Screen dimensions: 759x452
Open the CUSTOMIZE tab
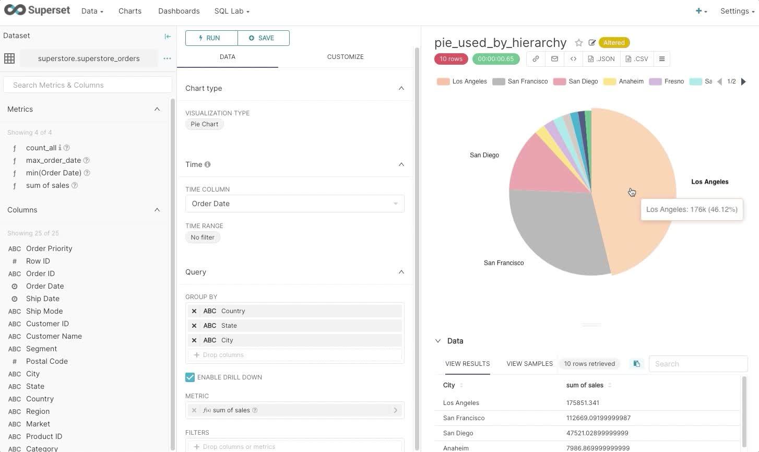pos(345,56)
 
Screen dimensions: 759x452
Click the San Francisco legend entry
pos(520,81)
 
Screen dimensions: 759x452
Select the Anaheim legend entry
pos(623,81)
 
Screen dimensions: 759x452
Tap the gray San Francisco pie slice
pos(556,230)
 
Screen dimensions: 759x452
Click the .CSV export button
pos(637,59)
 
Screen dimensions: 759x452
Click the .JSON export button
pos(601,59)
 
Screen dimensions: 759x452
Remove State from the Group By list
pos(194,326)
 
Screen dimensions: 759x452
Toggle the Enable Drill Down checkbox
pos(190,377)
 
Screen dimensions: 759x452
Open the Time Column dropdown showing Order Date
pos(294,204)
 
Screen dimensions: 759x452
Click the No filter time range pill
pos(203,237)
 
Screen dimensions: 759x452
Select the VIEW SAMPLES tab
pos(530,364)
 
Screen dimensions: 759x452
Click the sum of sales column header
pos(585,385)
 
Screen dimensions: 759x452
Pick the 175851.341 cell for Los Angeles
pos(583,403)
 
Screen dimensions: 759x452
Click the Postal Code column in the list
pos(47,361)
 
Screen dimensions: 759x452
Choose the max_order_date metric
pos(54,160)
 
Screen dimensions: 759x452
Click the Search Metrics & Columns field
pos(87,85)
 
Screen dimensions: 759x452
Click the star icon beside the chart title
pos(579,43)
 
